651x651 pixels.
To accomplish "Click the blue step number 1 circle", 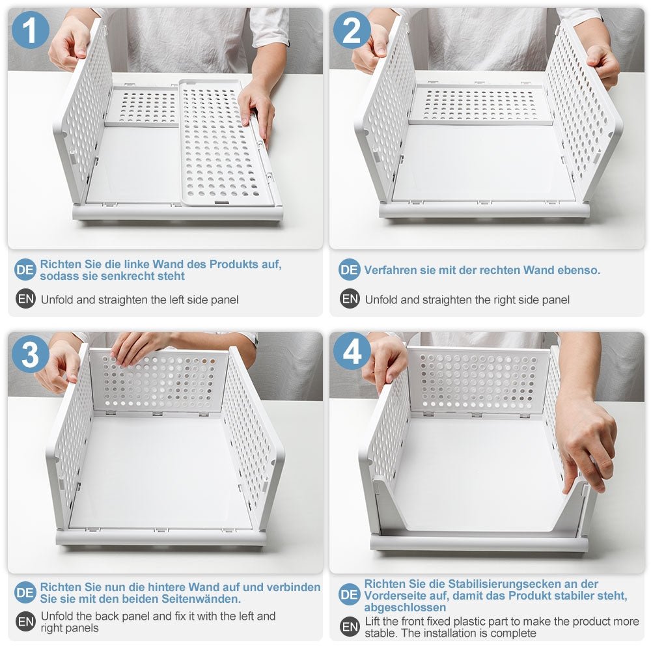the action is (x=31, y=30).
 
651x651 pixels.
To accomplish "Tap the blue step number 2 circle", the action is (x=352, y=30).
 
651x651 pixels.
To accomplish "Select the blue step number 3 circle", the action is (x=31, y=355).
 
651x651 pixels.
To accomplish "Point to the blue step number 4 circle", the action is (x=352, y=353).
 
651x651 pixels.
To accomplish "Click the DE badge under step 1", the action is (x=25, y=270).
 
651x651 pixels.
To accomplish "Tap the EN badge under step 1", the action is (x=25, y=299).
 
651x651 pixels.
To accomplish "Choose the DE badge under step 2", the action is (x=349, y=270).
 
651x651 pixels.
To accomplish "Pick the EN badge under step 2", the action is (x=350, y=299).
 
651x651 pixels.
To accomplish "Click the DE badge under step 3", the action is (x=25, y=592).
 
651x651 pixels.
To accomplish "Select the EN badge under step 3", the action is (x=25, y=622).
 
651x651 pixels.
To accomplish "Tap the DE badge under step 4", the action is (x=349, y=594).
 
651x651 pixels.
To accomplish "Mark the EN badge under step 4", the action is (x=350, y=626).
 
